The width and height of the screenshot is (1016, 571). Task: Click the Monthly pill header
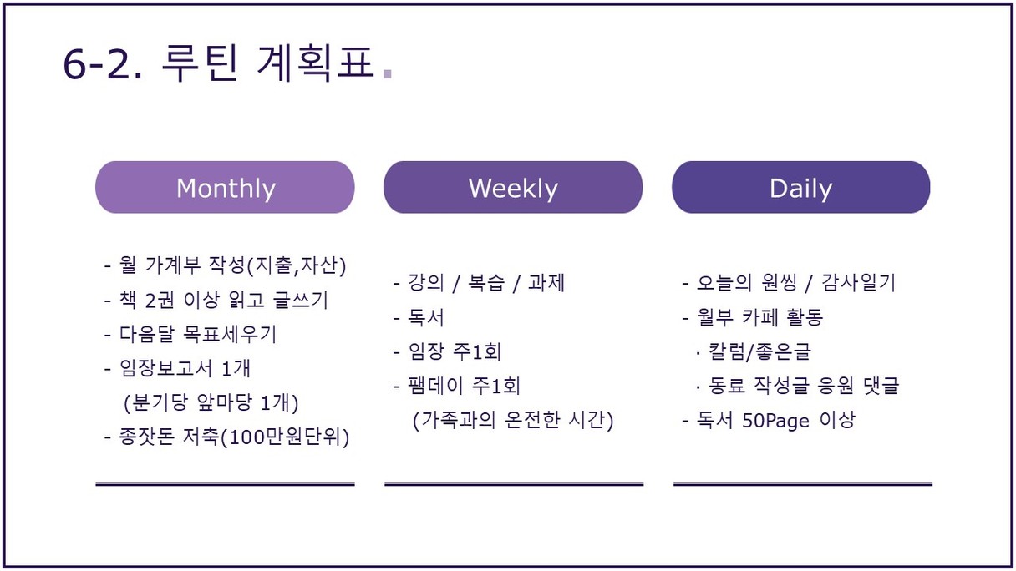point(225,187)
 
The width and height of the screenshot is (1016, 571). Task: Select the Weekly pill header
point(513,187)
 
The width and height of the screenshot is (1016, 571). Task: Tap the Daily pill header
point(801,187)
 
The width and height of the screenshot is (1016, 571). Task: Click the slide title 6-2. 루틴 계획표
point(219,63)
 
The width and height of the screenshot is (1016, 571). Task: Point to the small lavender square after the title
point(388,73)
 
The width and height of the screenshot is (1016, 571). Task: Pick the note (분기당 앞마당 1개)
point(211,403)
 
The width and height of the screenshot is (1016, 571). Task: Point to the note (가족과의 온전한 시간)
point(513,420)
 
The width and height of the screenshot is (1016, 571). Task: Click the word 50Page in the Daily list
point(775,421)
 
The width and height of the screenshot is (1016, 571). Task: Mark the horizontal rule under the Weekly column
point(514,484)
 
